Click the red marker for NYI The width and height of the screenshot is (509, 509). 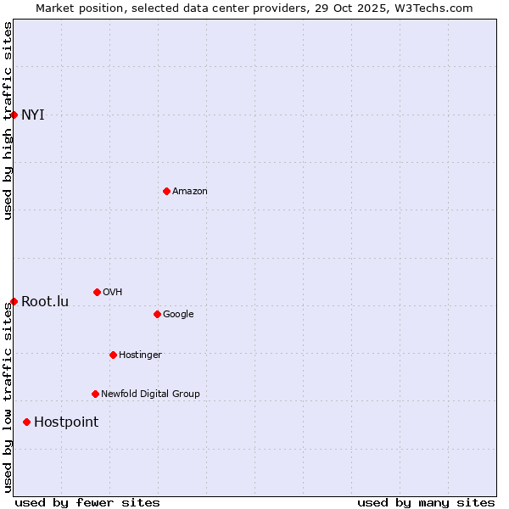pos(14,115)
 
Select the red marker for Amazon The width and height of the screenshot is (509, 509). pos(166,191)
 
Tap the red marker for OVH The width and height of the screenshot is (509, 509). pos(97,292)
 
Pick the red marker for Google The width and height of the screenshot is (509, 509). pos(157,314)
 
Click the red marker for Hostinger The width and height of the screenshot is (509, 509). pos(113,355)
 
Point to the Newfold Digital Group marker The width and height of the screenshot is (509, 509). pos(95,394)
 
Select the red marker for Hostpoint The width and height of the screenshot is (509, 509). pos(27,422)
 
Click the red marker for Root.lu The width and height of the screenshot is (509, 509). pos(14,301)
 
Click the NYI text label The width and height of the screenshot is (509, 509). pos(33,115)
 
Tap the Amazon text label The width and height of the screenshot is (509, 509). pos(190,192)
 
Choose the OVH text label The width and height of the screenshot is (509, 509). pos(113,293)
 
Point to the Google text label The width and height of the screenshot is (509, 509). pos(178,315)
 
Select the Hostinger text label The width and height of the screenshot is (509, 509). pos(140,355)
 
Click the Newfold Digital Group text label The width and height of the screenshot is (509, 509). pos(150,394)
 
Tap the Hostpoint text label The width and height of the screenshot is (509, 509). pos(66,422)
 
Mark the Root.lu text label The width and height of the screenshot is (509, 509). pos(45,302)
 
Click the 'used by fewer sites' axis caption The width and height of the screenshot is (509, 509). pos(87,502)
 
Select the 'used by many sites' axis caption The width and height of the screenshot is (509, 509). pos(426,502)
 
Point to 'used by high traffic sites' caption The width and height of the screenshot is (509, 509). pos(8,120)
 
